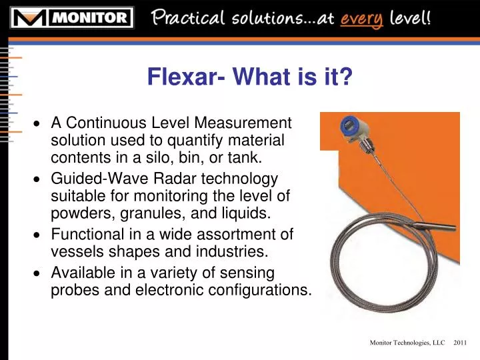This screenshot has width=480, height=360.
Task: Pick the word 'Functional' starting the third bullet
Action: [x=85, y=234]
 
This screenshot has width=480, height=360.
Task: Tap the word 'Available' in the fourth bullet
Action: [x=81, y=272]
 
